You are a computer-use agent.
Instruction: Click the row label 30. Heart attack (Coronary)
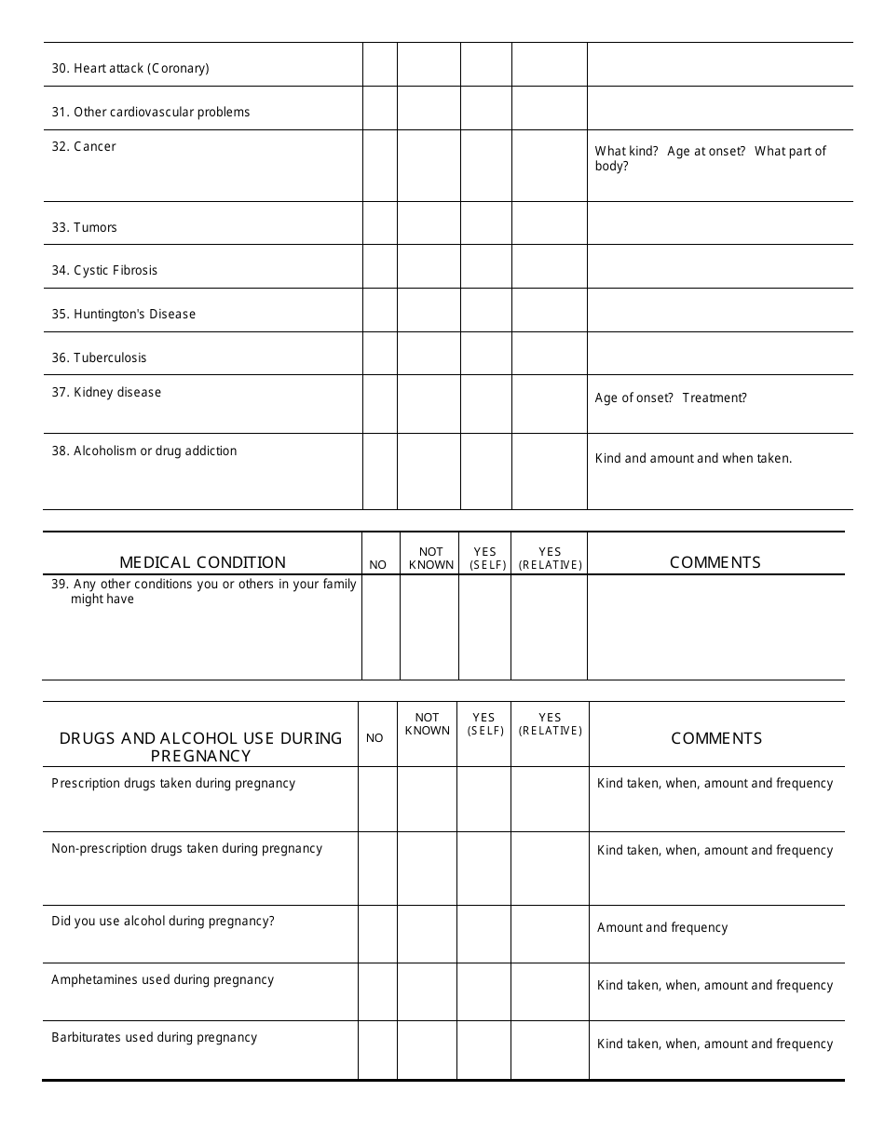130,68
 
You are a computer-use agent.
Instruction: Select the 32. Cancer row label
84,146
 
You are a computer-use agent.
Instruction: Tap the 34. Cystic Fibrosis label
104,271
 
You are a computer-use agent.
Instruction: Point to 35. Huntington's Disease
124,314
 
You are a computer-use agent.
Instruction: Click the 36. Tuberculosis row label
99,357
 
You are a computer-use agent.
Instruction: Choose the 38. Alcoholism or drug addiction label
144,451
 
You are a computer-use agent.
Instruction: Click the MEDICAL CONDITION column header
202,562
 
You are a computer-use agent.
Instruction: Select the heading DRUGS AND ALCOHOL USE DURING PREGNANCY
201,747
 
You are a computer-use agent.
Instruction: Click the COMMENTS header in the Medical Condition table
715,562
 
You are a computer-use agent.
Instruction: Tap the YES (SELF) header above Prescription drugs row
484,724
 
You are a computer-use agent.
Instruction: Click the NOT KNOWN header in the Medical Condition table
430,559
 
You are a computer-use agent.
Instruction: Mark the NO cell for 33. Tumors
379,223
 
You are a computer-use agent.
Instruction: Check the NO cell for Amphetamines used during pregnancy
377,991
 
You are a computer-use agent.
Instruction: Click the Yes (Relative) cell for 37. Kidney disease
550,404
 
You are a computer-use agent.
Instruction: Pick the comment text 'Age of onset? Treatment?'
671,398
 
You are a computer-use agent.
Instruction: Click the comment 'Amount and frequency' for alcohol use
662,928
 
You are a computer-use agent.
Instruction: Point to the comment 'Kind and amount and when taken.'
693,459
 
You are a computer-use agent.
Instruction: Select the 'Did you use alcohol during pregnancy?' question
163,922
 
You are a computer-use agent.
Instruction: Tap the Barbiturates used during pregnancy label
154,1038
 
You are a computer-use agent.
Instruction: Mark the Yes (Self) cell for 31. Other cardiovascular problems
485,108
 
